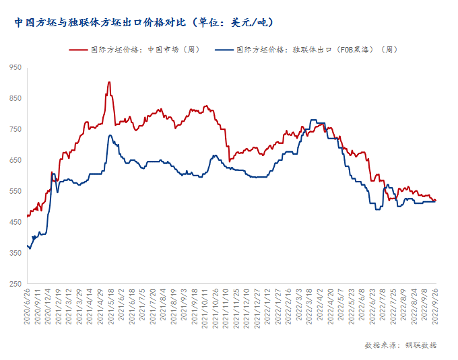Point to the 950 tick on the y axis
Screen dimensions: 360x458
point(15,67)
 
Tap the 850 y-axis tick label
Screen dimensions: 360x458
point(15,98)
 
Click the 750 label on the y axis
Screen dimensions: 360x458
point(15,129)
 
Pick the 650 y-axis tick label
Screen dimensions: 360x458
point(15,160)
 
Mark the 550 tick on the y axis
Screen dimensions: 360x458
point(15,191)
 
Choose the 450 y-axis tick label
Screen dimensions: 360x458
point(15,222)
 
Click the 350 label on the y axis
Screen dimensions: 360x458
point(15,253)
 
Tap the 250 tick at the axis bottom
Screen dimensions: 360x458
point(15,284)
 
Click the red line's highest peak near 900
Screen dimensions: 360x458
point(109,82)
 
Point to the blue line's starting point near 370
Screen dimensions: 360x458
point(28,246)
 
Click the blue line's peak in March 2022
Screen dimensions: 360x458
point(313,120)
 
